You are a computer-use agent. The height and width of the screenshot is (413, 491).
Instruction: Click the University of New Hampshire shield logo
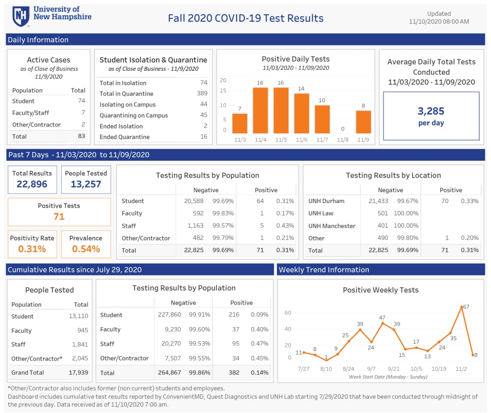click(21, 16)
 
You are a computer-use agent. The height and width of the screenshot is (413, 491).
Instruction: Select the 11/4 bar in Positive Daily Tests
click(260, 110)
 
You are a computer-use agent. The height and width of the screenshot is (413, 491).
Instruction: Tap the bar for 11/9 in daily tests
click(363, 121)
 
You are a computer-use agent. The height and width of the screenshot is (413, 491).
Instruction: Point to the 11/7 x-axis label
click(322, 140)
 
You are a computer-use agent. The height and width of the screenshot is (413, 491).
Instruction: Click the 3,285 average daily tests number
click(431, 112)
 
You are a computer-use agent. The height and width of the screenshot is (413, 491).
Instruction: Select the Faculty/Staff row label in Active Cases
click(30, 113)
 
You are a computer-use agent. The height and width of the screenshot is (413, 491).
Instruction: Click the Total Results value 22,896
click(32, 184)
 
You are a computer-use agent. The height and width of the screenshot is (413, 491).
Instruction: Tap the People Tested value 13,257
click(86, 184)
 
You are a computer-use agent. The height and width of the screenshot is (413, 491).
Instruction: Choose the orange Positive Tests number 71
click(59, 216)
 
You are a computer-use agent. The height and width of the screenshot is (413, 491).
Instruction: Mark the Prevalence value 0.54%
click(86, 249)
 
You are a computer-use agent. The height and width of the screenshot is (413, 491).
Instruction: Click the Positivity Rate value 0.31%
click(32, 249)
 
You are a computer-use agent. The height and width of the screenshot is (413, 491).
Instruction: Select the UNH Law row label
click(321, 213)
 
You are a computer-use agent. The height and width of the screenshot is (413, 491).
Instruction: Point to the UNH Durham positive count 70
click(445, 201)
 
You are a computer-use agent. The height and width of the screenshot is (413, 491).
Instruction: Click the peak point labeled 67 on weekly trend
click(462, 307)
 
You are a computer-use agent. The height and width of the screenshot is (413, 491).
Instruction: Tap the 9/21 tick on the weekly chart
click(394, 369)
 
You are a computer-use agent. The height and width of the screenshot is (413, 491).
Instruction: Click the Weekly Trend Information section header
click(324, 269)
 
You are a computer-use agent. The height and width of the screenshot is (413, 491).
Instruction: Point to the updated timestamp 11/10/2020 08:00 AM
click(438, 22)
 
